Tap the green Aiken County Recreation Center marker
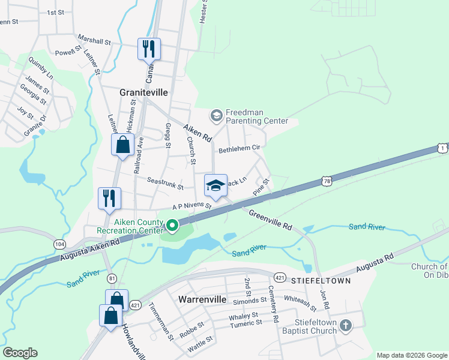172,226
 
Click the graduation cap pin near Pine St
216,185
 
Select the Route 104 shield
59,244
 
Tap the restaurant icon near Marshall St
148,49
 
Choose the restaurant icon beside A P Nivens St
110,198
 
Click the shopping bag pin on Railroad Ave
122,145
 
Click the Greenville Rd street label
270,220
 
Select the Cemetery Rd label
275,301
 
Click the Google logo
20,353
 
